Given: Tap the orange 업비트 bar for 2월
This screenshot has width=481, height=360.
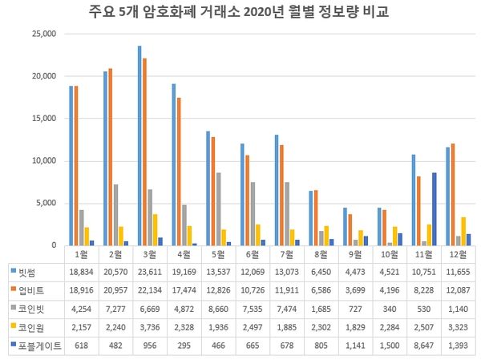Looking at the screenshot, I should [110, 157].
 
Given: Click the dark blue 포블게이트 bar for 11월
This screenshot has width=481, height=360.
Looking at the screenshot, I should [434, 209].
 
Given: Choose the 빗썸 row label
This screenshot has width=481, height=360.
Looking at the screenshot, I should [30, 272].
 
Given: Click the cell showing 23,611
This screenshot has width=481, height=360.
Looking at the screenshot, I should [151, 272].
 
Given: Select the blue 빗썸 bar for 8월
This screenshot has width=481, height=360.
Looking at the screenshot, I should [311, 218].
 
